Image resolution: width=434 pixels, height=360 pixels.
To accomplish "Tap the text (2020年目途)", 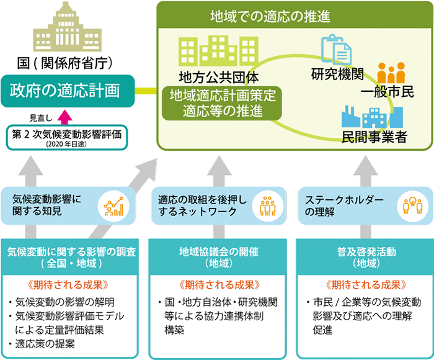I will click(67, 143).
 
